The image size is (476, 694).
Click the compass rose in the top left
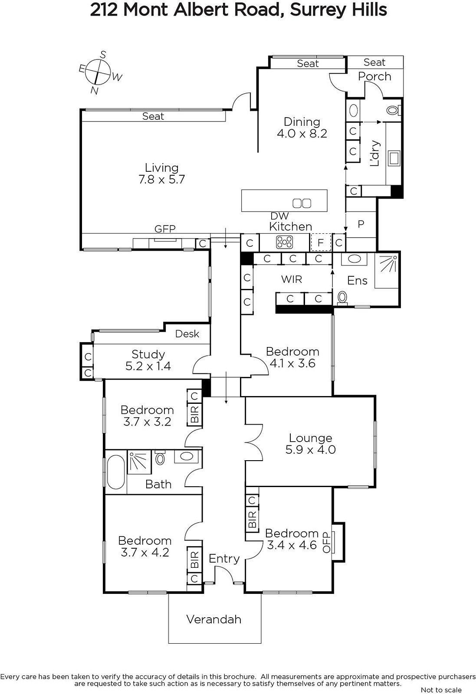coord(98,73)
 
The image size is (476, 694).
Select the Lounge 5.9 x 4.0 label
coord(311,444)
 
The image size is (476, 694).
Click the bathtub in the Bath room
coord(116,472)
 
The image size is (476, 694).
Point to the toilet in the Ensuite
coord(342,298)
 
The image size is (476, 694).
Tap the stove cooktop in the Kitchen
coord(285,242)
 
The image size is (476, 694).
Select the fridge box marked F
coord(321,242)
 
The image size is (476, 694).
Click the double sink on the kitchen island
coord(302,203)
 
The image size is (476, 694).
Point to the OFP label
coord(326,542)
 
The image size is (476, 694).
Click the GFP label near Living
coord(165,229)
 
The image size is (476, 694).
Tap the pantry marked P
coord(361,224)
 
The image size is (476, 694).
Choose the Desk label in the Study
coord(187,334)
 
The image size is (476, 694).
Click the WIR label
coord(291,279)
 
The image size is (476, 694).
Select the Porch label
coord(374,76)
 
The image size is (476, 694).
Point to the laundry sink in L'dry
coord(394,158)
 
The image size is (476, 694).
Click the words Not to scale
coord(441,689)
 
